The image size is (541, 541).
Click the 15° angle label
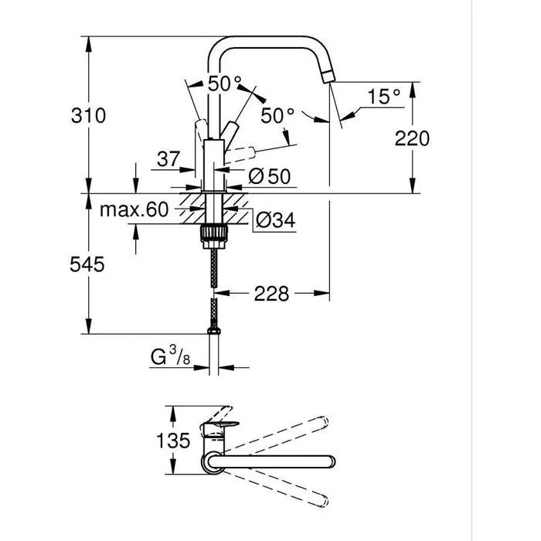[384, 97]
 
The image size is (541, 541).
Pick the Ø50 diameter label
[270, 176]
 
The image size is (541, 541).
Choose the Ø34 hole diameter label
[274, 220]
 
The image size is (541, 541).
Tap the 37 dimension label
[168, 159]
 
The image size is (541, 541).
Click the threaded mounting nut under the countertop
[213, 234]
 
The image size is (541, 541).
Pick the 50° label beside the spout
[277, 117]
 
